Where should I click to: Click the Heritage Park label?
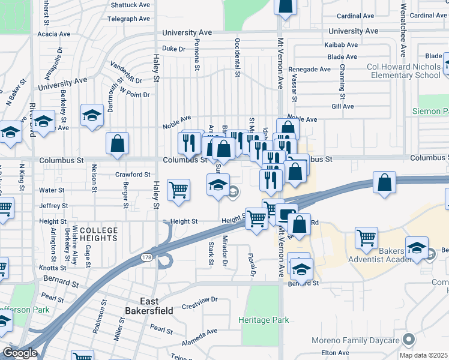pyautogui.click(x=264, y=320)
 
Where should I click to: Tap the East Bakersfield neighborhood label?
pyautogui.click(x=148, y=305)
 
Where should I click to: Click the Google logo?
pyautogui.click(x=19, y=353)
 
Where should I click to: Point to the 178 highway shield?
pyautogui.click(x=146, y=257)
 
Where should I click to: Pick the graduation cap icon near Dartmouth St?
pyautogui.click(x=91, y=116)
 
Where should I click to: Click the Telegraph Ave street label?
pyautogui.click(x=128, y=19)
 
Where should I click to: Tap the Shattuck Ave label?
pyautogui.click(x=130, y=5)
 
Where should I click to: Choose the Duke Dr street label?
pyautogui.click(x=175, y=49)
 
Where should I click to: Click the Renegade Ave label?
pyautogui.click(x=309, y=69)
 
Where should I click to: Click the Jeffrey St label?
pyautogui.click(x=53, y=206)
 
